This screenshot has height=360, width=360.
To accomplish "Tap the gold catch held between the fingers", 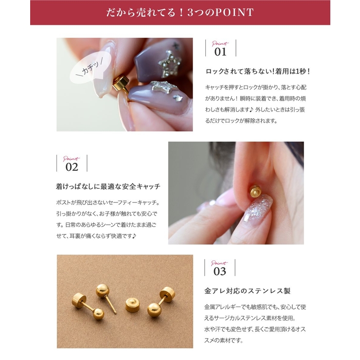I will (x=121, y=85).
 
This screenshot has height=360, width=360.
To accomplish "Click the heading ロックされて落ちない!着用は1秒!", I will (x=258, y=72).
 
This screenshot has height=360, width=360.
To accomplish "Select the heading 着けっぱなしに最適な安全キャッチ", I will (x=108, y=186).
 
